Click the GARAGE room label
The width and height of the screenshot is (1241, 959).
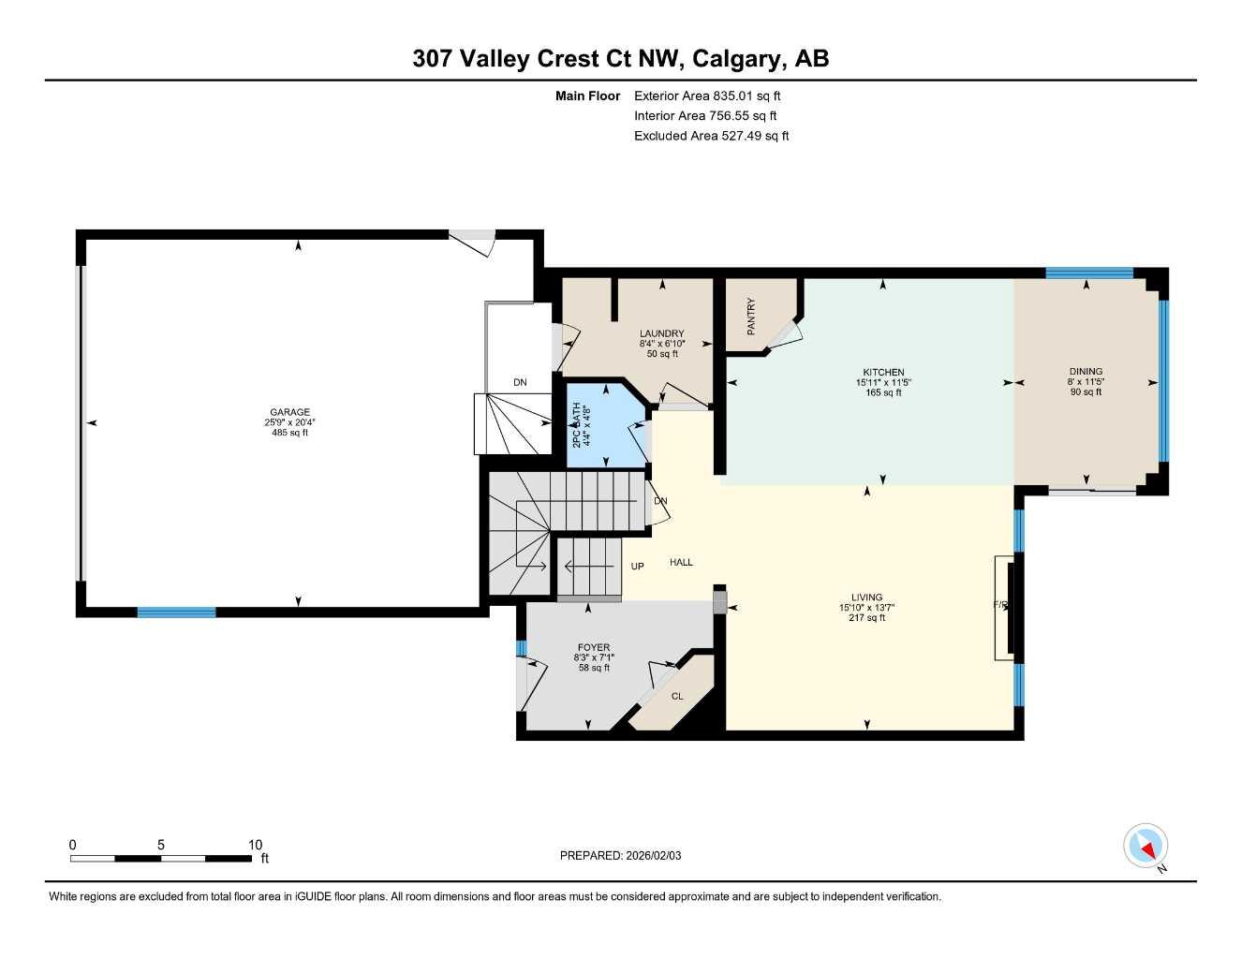(289, 412)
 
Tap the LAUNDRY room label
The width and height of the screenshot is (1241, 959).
(661, 333)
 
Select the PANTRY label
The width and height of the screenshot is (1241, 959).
(751, 317)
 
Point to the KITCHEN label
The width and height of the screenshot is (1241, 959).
(883, 372)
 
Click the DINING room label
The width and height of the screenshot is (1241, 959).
(1086, 371)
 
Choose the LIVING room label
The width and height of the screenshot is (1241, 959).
(866, 598)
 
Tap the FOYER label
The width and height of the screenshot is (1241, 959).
(594, 647)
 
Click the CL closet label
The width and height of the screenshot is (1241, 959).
(677, 696)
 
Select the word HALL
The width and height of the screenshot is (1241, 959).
(681, 562)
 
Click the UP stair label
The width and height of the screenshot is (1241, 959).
(638, 566)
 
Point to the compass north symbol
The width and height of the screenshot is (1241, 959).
(1145, 846)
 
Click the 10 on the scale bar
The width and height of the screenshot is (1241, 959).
(256, 845)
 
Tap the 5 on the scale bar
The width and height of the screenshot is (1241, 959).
(161, 845)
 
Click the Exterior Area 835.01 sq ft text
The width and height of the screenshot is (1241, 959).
(707, 96)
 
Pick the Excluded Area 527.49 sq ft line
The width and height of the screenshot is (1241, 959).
(711, 136)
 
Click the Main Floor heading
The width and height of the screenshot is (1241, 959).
(587, 96)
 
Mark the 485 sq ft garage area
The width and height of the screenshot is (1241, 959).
(289, 433)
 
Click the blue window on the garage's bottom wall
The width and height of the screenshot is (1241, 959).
(176, 612)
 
